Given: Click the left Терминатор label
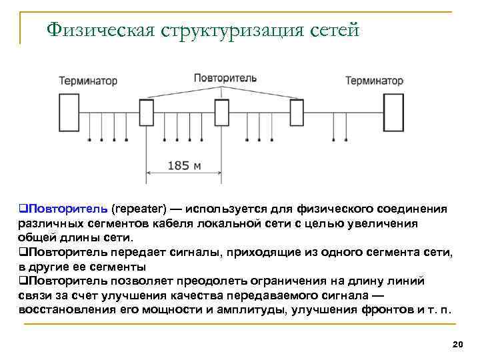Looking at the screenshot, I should [88, 81].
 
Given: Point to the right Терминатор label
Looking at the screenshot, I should [374, 81].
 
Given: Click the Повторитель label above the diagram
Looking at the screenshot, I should [225, 78].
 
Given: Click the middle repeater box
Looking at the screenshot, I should [221, 112].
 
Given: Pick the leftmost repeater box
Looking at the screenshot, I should [147, 112].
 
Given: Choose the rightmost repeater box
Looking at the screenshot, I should [297, 112].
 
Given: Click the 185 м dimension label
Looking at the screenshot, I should [184, 165].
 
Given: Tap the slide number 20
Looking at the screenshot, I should [457, 344].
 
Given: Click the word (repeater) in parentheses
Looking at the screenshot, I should [139, 209].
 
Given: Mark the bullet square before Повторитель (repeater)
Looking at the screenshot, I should [23, 209].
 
